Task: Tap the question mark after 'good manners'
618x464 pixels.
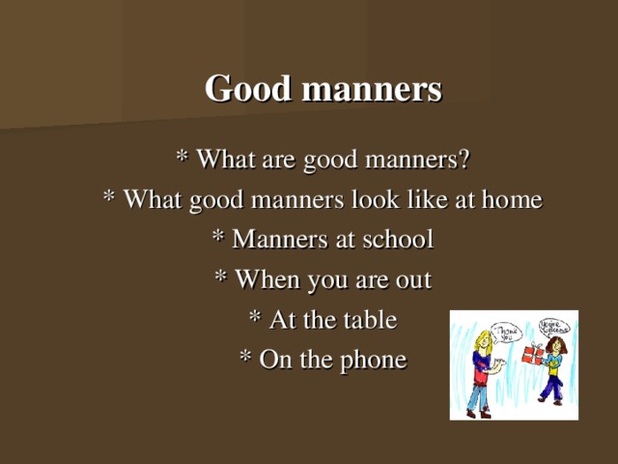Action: point(464,158)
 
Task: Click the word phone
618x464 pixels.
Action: point(372,361)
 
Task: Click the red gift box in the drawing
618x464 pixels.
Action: point(531,355)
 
